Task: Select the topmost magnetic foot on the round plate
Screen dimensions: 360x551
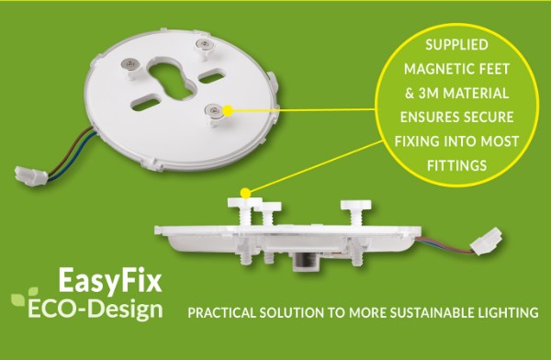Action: coord(201,43)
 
